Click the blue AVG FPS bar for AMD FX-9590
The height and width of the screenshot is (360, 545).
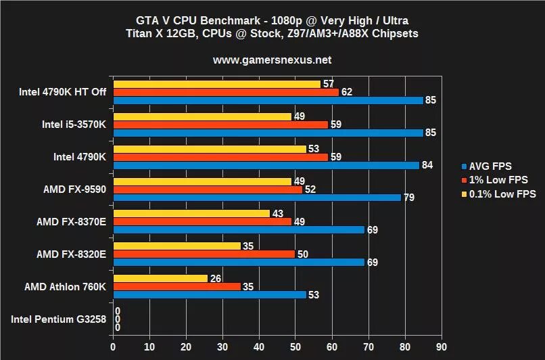[x=257, y=198]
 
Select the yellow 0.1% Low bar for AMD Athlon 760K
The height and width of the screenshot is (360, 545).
[x=160, y=278]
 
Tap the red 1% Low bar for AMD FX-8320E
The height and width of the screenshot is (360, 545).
[x=204, y=254]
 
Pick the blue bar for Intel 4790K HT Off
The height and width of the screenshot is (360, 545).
[x=268, y=100]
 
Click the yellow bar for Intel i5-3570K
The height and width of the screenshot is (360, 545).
[x=202, y=116]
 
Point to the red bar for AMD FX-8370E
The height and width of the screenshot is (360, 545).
[x=202, y=221]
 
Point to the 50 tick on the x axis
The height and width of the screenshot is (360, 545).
[x=295, y=345]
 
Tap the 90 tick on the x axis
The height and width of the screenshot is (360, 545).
[x=442, y=345]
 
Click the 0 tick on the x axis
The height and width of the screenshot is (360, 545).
[x=114, y=345]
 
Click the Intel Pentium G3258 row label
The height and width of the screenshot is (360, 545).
[x=58, y=319]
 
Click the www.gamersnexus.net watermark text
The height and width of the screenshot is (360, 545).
[x=272, y=60]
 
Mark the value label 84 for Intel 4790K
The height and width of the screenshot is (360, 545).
[x=427, y=165]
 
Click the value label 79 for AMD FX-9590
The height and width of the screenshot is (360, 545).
[x=408, y=198]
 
